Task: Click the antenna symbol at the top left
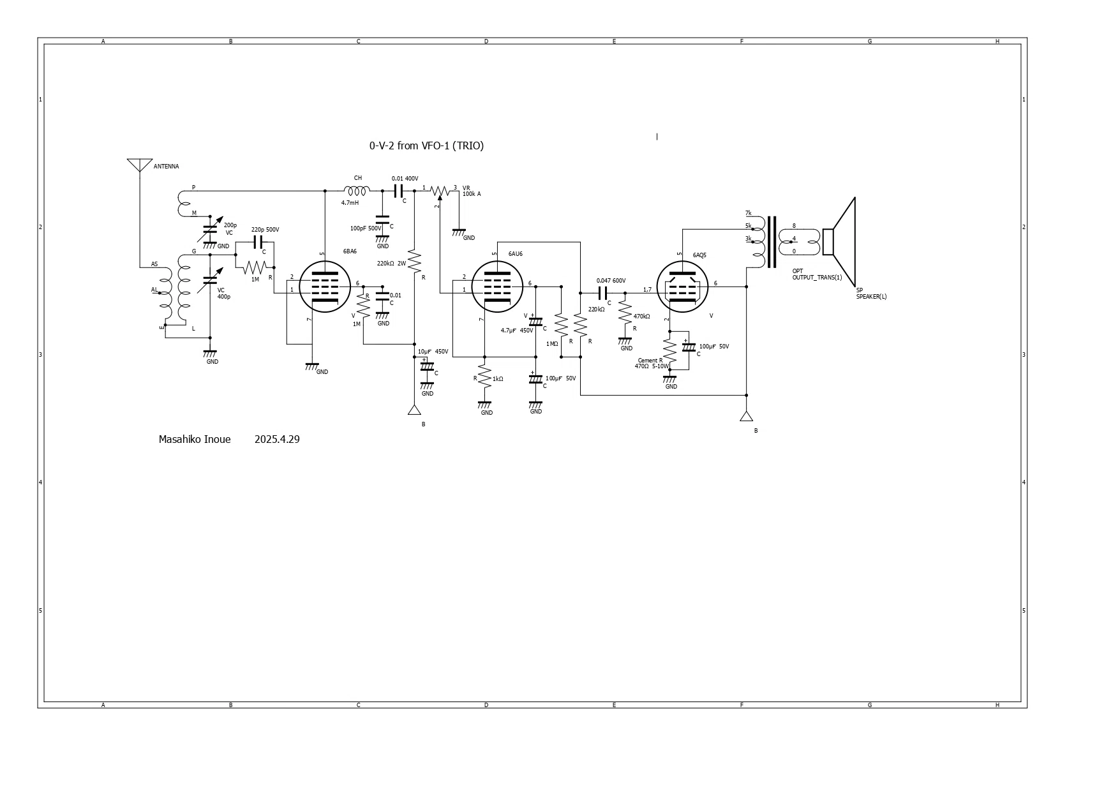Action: (140, 165)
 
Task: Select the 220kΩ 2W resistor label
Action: (391, 263)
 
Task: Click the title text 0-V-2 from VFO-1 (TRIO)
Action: (426, 146)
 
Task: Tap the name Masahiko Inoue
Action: (195, 439)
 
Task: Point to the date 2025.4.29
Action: (277, 439)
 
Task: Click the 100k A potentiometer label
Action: (472, 193)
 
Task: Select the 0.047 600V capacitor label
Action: (611, 281)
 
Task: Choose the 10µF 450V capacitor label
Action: (433, 352)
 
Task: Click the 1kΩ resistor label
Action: (498, 379)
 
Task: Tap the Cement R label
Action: (650, 361)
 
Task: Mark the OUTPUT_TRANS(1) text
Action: (817, 278)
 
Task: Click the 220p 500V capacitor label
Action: (265, 230)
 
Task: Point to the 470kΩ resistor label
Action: (641, 317)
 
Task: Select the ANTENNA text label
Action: (166, 167)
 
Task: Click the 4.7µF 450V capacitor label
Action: (516, 331)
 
